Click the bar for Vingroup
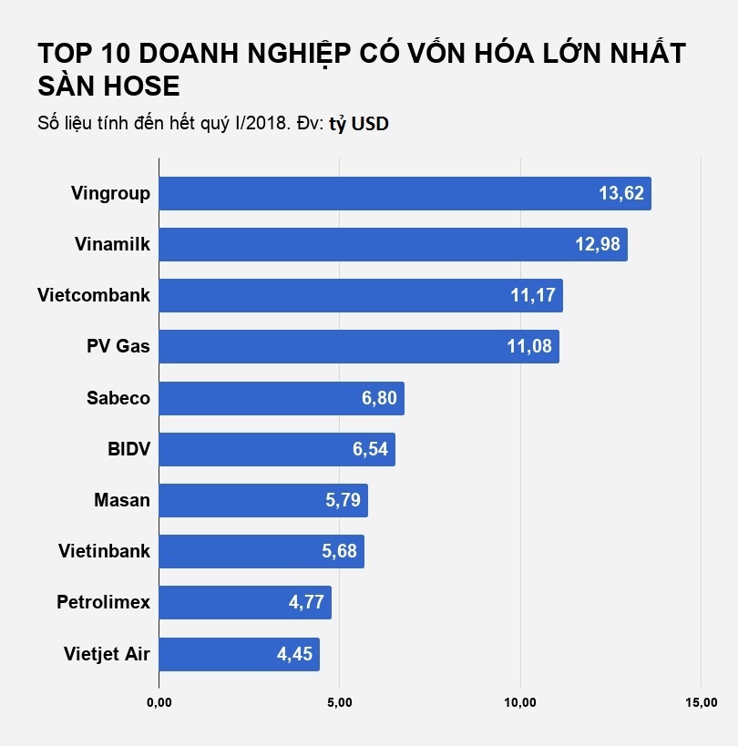click(x=405, y=194)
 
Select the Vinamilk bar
click(x=393, y=245)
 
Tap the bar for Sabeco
click(x=282, y=398)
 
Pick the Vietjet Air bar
click(x=239, y=654)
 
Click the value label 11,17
click(x=533, y=296)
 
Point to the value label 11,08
click(x=529, y=347)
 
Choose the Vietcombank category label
click(x=94, y=295)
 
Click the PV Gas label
click(x=118, y=347)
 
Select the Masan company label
click(x=122, y=500)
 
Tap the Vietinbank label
click(x=104, y=551)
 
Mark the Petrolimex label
click(x=103, y=602)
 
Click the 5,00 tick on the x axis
click(x=339, y=702)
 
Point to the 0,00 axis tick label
click(x=159, y=702)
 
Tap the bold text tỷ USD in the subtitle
click(x=359, y=124)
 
